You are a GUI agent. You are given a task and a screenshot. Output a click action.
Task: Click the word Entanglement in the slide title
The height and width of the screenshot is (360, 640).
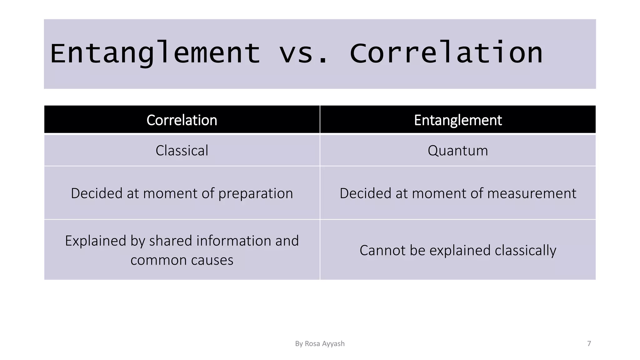coord(155,54)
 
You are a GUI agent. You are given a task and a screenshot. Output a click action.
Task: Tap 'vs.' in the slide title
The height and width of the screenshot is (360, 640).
coord(303,54)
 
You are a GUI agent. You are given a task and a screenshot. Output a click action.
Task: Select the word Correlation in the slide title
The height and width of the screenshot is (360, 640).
coord(446,54)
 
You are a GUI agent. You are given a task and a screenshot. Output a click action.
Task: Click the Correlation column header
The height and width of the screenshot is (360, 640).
coord(182,120)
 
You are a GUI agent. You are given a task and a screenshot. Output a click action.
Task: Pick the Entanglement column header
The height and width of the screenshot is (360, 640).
coord(458,120)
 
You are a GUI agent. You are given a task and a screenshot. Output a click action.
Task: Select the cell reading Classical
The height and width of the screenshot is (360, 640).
coord(182,151)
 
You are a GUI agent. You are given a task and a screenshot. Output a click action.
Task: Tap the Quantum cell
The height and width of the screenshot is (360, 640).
coord(458,151)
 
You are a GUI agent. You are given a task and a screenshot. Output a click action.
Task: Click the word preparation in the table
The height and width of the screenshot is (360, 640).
coord(256,193)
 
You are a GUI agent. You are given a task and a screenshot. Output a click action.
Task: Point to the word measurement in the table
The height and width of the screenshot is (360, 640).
coord(532,193)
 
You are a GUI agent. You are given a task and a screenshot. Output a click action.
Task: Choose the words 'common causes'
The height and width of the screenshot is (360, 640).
coord(182,260)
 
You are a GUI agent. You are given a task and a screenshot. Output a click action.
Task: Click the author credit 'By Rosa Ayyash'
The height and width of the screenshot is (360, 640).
coord(320,344)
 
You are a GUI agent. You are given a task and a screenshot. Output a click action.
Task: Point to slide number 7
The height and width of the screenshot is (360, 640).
coord(589,344)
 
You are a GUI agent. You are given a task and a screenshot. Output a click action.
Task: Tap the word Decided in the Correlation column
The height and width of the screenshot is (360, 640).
coord(97,193)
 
